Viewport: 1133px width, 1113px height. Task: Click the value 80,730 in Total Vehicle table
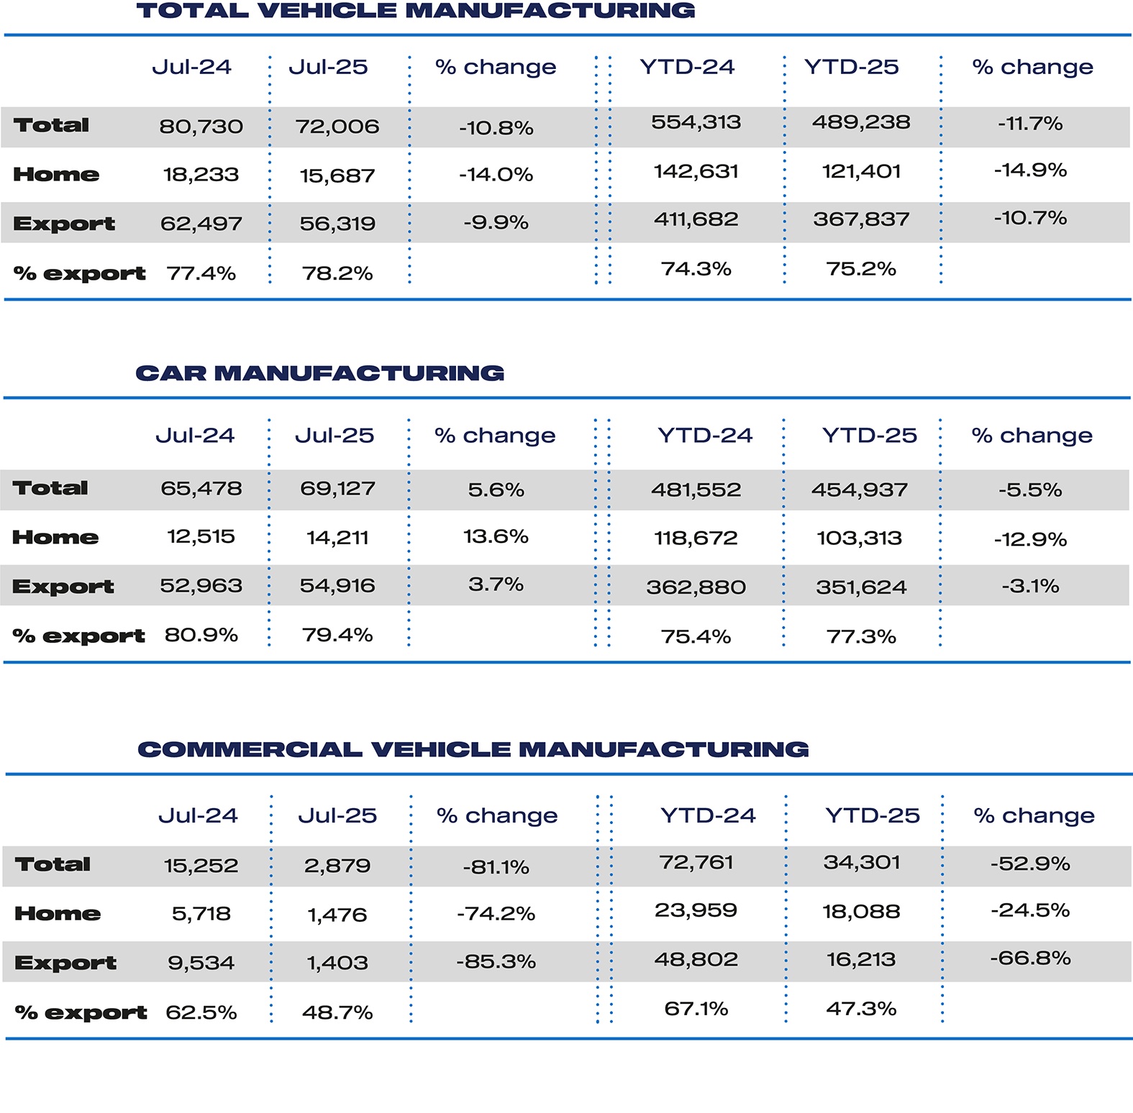[x=201, y=127]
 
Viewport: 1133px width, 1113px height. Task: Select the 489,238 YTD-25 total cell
[x=861, y=122]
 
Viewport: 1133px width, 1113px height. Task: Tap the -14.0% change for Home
[x=496, y=175]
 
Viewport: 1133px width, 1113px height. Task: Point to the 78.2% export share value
[x=337, y=273]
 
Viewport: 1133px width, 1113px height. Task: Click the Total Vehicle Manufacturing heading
[x=416, y=11]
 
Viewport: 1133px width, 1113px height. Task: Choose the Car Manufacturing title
[x=320, y=373]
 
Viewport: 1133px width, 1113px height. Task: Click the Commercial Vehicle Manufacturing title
[x=473, y=749]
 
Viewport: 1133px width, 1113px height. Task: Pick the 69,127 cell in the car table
[x=337, y=489]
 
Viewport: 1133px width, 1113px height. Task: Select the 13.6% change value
[x=496, y=536]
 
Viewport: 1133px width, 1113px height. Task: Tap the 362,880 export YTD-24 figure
[x=696, y=587]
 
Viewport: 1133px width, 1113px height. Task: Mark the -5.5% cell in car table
[x=1029, y=490]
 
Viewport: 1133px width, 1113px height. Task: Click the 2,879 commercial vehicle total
[x=337, y=865]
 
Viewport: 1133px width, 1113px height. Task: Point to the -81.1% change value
[x=496, y=867]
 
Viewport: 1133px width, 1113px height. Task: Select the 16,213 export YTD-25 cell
[x=861, y=960]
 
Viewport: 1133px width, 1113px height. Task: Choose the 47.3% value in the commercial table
[x=861, y=1009]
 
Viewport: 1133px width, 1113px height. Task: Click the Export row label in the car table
[x=63, y=587]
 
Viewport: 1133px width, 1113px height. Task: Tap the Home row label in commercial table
[x=58, y=914]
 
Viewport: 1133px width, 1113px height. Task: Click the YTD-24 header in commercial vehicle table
[x=708, y=815]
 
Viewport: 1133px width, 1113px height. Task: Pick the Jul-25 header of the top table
[x=328, y=67]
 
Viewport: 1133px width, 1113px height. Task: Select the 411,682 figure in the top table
[x=696, y=219]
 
